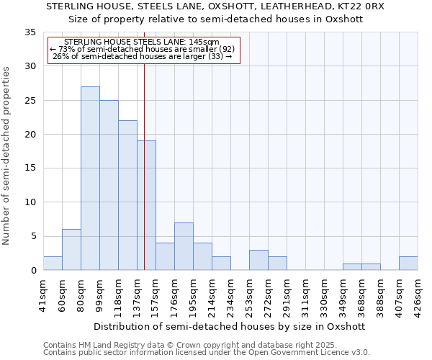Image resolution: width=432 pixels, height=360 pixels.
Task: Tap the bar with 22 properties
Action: click(x=127, y=195)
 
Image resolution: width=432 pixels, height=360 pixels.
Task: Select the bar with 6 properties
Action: click(x=71, y=250)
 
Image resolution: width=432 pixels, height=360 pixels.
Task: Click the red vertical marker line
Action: click(x=145, y=166)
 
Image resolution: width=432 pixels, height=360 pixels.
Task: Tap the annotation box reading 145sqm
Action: click(x=142, y=50)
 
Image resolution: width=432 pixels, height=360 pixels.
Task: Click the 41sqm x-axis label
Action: click(x=43, y=294)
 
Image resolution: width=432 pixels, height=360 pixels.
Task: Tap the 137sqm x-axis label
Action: click(x=137, y=294)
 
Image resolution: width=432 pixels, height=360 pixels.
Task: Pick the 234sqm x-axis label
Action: click(x=230, y=294)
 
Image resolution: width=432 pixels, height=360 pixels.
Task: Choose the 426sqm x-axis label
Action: click(x=418, y=294)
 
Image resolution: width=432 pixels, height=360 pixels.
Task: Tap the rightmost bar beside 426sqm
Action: click(x=408, y=264)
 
